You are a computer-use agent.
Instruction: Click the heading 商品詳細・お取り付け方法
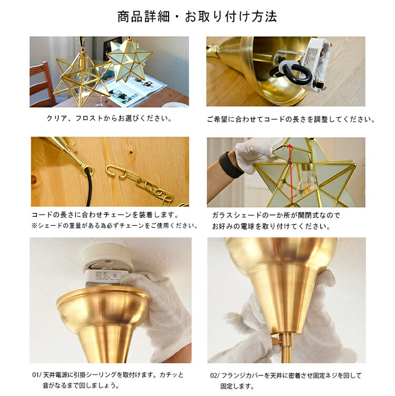pyautogui.click(x=197, y=17)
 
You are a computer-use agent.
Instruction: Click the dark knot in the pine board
pyautogui.click(x=131, y=152)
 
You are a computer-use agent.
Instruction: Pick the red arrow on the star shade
pyautogui.click(x=291, y=173)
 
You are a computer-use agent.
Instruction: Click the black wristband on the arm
pyautogui.click(x=231, y=165)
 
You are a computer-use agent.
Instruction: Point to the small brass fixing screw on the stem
pyautogui.click(x=276, y=341)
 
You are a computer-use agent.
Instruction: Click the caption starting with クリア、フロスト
pyautogui.click(x=109, y=118)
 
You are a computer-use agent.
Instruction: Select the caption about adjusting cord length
pyautogui.click(x=291, y=119)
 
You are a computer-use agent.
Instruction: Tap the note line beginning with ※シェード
pyautogui.click(x=115, y=226)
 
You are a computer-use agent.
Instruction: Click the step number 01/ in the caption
pyautogui.click(x=37, y=375)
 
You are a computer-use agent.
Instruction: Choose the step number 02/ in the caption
pyautogui.click(x=215, y=375)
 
